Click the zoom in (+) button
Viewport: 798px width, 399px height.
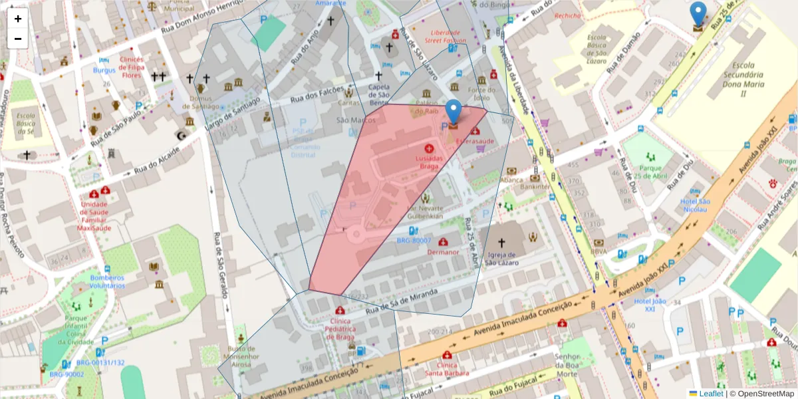coord(18,19)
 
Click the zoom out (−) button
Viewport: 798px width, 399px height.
coord(18,39)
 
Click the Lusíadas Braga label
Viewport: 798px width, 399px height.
coord(429,162)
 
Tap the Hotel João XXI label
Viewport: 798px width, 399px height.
coord(649,305)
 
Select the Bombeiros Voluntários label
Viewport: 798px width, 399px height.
coord(108,281)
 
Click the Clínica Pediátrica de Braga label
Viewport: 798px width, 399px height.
coord(340,329)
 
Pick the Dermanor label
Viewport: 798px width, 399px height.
coord(444,252)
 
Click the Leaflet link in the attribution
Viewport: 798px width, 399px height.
coord(711,394)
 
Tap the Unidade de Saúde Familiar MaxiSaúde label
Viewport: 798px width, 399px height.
coord(94,216)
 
